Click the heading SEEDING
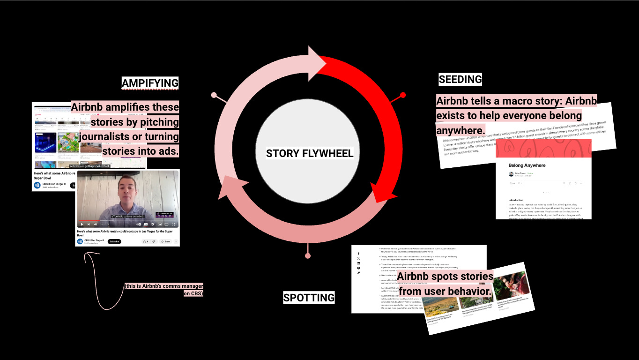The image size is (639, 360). click(460, 80)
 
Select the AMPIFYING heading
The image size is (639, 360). click(150, 83)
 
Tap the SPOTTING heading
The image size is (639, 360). click(309, 298)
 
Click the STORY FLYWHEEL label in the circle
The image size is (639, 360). click(310, 153)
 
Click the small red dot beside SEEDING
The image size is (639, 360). click(403, 95)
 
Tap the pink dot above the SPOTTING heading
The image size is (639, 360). click(308, 255)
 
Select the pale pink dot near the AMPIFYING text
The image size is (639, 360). click(214, 95)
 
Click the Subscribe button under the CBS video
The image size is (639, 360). click(114, 241)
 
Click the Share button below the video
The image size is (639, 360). click(165, 241)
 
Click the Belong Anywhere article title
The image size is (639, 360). click(527, 165)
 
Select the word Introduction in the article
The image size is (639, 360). click(516, 200)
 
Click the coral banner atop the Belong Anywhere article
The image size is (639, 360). click(543, 149)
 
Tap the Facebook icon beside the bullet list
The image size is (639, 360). click(358, 254)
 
